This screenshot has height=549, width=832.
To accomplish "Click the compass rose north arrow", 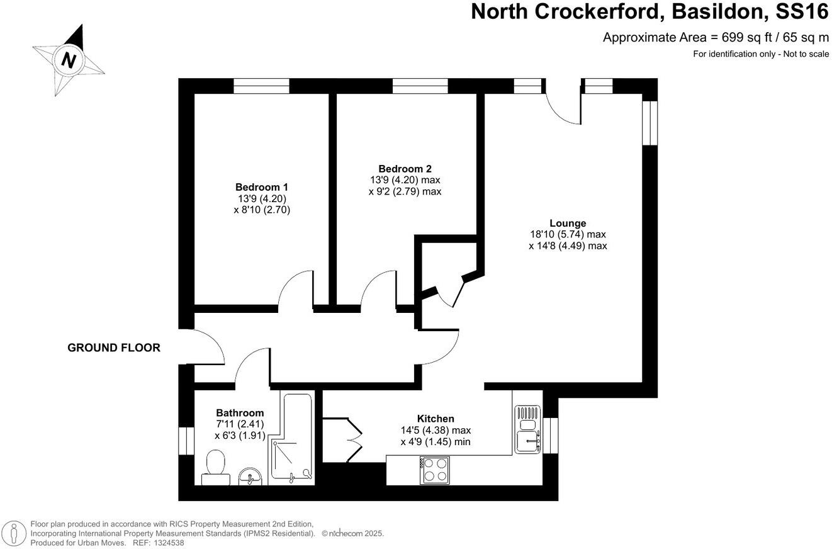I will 69,60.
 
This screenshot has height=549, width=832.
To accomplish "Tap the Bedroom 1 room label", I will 261,187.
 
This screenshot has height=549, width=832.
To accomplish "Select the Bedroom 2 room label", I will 405,169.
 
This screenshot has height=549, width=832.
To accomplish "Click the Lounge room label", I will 567,223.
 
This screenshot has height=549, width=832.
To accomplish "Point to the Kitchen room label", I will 436,419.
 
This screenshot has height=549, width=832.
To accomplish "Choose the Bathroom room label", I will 240,413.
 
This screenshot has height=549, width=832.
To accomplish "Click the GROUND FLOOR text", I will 114,348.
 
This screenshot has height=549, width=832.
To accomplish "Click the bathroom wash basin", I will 253,477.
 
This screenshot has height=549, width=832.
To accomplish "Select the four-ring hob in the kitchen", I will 434,470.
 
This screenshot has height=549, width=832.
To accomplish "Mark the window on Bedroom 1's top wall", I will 261,86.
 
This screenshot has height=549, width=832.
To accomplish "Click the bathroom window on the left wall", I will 186,441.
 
